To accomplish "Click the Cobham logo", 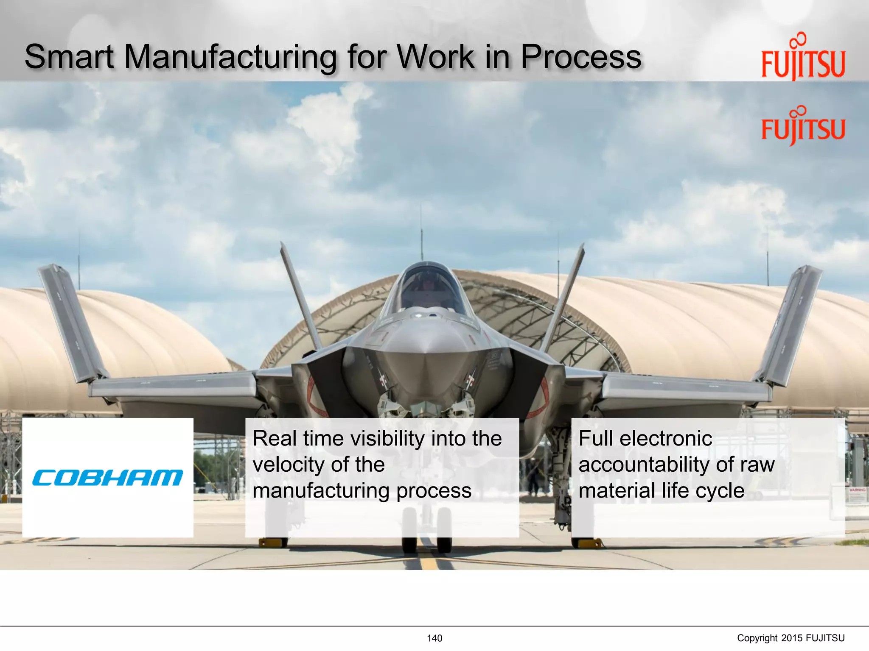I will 108,478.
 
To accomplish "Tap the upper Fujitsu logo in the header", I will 803,59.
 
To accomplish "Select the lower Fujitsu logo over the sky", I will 803,127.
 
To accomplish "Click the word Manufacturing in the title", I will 230,57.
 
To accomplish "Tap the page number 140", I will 434,638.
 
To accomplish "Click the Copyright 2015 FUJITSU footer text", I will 791,638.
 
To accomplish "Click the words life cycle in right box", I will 703,491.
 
